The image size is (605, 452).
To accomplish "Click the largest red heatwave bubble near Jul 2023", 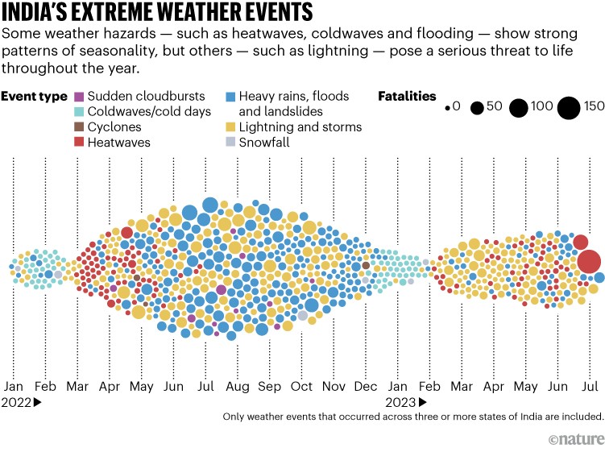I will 589,262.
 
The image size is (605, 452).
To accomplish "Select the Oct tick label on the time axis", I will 302,387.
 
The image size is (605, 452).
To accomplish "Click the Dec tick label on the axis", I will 366,387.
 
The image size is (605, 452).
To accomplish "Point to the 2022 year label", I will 16,401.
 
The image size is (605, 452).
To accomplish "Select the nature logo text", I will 577,438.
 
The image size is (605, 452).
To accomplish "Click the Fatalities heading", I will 407,96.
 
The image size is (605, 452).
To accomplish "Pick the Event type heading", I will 34,96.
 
